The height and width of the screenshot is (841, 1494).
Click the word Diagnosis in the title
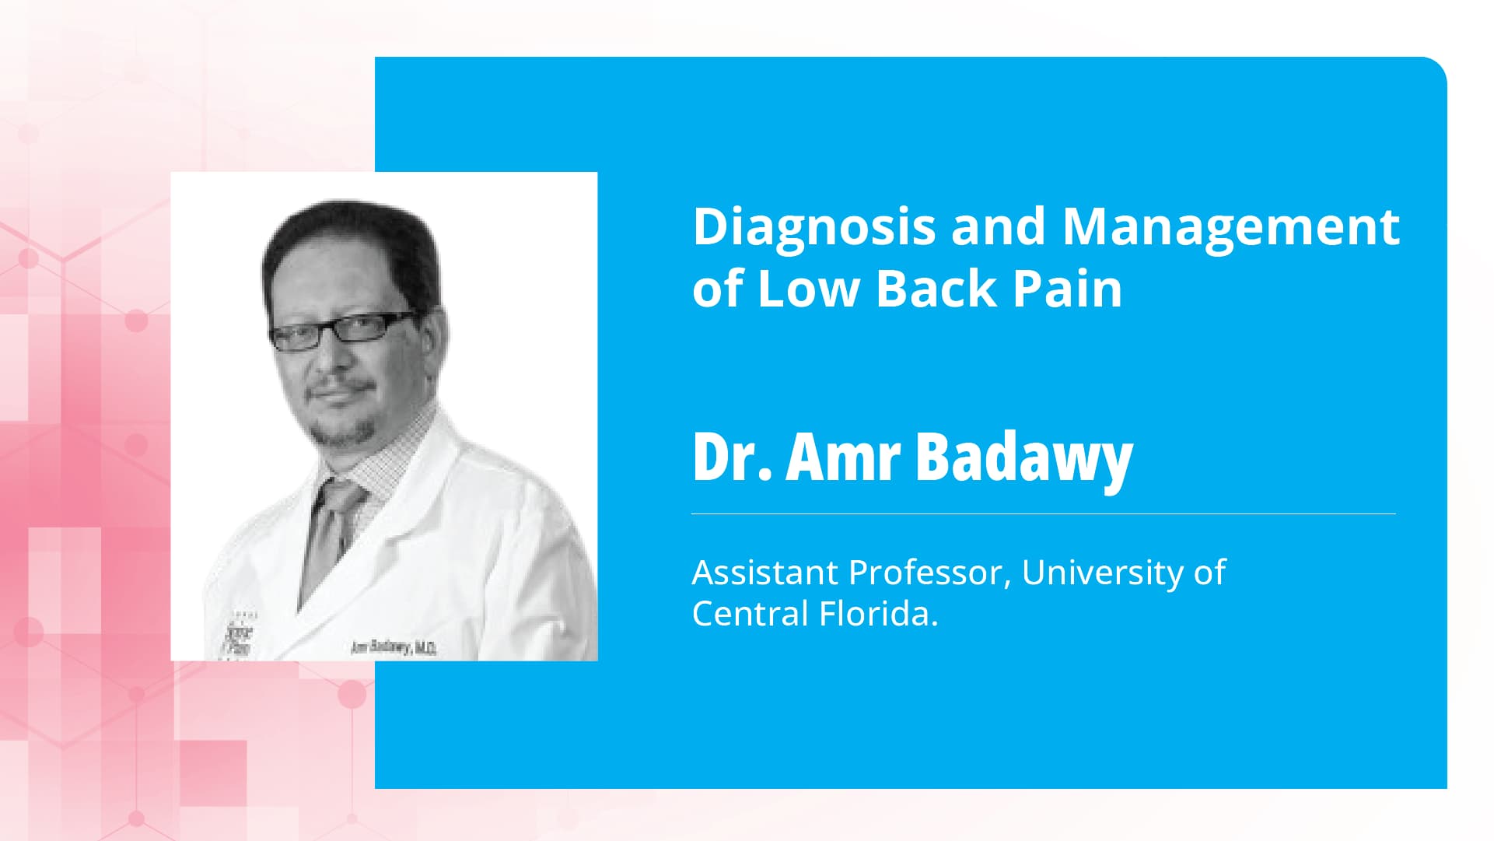point(813,226)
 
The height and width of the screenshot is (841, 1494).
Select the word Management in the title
point(1230,226)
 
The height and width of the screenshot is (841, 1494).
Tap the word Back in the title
point(936,288)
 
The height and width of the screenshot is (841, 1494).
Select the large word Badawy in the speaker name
point(1024,457)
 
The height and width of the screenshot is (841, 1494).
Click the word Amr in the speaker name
point(843,457)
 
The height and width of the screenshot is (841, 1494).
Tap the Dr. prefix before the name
point(731,457)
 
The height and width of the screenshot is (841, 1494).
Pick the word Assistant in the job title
point(764,573)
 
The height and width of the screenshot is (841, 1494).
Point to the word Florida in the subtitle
point(879,614)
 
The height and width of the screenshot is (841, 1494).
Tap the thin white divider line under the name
point(1043,514)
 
